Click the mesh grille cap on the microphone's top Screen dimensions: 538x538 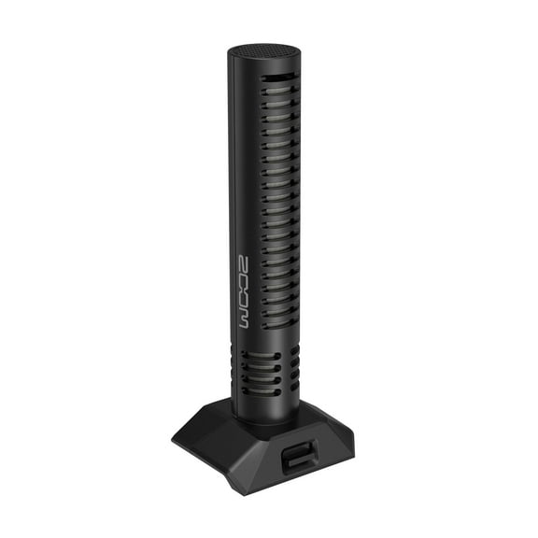[262, 52]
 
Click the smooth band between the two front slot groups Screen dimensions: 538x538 [266, 340]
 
